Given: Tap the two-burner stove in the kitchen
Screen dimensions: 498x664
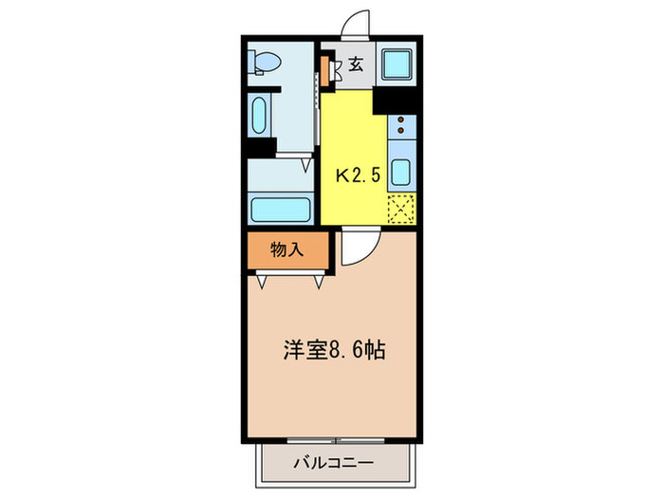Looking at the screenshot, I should [400, 125].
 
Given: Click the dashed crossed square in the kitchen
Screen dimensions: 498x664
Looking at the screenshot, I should [401, 208].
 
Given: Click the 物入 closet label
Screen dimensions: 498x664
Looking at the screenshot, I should [286, 250].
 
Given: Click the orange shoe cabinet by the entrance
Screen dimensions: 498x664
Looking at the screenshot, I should [325, 68].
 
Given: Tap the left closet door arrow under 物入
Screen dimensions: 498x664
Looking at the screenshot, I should [262, 282].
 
